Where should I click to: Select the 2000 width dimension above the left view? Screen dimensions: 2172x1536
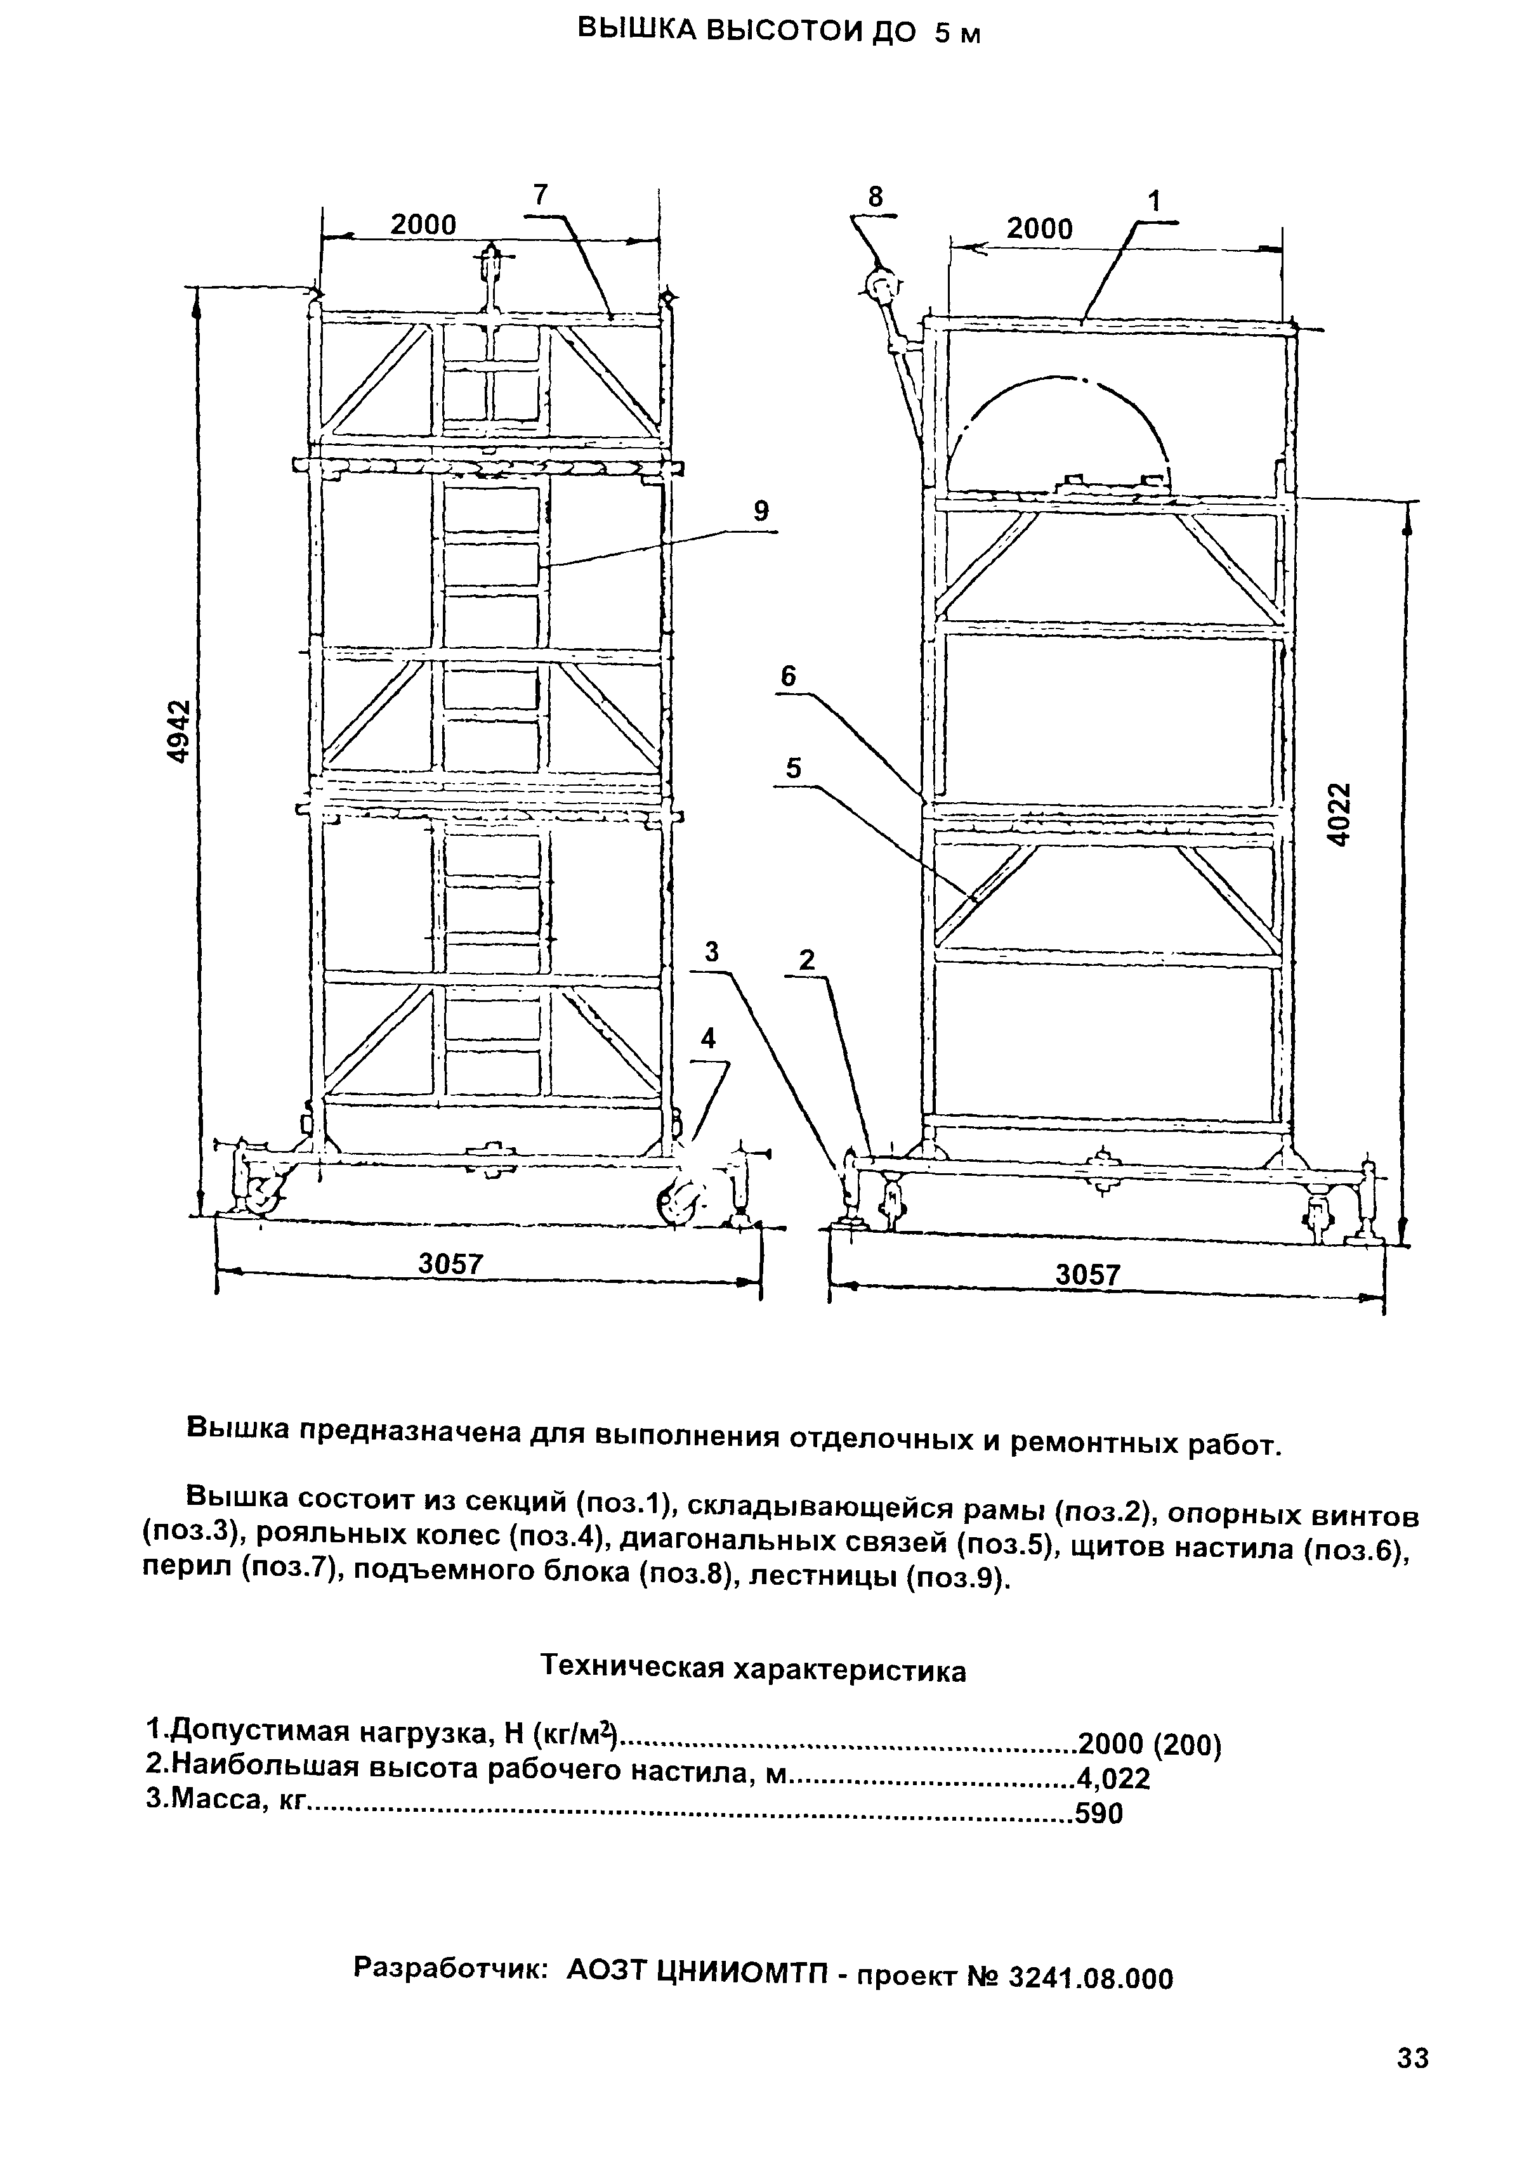click(423, 224)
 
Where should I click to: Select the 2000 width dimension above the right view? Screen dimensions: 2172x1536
click(1039, 229)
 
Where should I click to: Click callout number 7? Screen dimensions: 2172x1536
click(541, 194)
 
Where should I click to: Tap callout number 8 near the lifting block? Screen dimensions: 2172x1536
click(876, 197)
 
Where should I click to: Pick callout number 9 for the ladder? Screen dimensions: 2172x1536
click(761, 512)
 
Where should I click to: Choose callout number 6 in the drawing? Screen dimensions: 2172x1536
click(789, 677)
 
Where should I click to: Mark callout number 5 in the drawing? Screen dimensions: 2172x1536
click(793, 768)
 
